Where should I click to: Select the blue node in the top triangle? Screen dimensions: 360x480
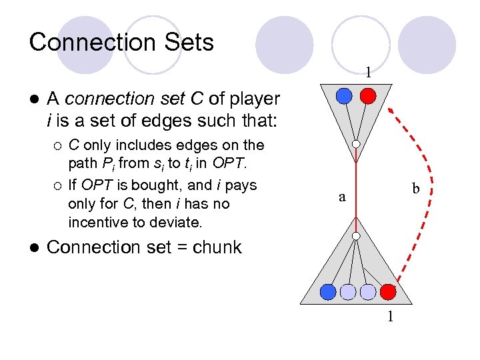click(344, 96)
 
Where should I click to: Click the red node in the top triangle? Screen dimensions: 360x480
click(367, 96)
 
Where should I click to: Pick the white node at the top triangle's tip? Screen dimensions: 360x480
click(357, 144)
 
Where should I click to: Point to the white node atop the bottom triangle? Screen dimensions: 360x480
click(357, 236)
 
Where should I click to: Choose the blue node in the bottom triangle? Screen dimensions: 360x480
click(327, 291)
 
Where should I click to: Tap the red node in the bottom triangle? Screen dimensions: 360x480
click(388, 291)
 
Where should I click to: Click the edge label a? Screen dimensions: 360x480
click(342, 197)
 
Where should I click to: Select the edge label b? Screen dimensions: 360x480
click(415, 189)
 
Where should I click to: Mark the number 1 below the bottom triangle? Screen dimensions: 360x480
click(391, 315)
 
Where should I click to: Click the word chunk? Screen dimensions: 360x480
click(217, 247)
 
